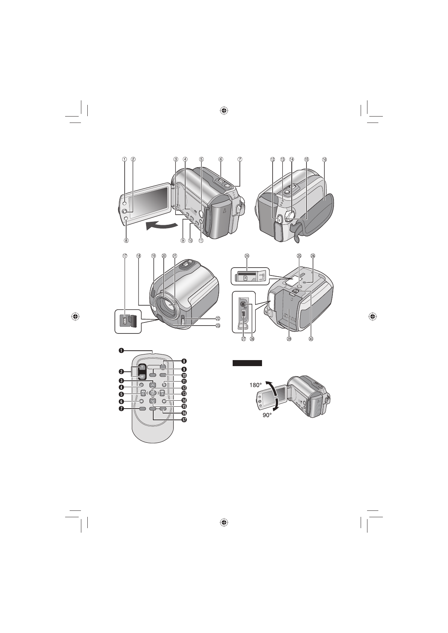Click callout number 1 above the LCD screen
click(124, 159)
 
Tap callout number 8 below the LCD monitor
click(126, 241)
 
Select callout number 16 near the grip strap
click(325, 159)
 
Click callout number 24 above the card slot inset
click(247, 256)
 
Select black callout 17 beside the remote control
click(184, 420)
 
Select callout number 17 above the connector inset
click(124, 256)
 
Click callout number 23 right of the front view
click(218, 326)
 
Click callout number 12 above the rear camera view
click(273, 159)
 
